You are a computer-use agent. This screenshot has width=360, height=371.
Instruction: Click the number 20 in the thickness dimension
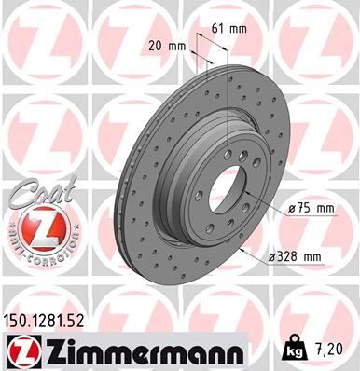point(154,45)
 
